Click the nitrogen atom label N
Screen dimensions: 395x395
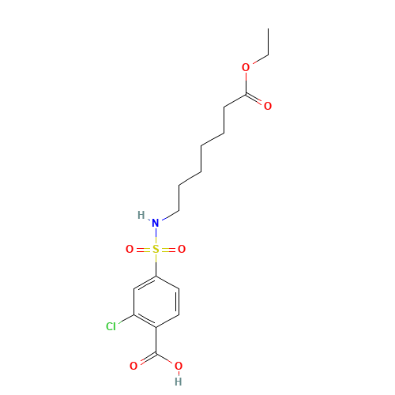tap(156, 223)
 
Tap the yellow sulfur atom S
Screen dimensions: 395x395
tap(156, 250)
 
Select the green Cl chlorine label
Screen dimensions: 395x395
tap(111, 326)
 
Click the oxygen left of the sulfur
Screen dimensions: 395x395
tap(130, 250)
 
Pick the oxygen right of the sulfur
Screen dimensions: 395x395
tap(182, 250)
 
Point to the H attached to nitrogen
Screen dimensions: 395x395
tap(141, 215)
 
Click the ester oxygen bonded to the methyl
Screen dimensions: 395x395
tap(246, 68)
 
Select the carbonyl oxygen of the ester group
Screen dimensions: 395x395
tap(268, 106)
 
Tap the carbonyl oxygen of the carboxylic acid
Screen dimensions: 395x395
tap(134, 366)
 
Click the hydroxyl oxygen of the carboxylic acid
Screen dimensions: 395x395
tap(178, 366)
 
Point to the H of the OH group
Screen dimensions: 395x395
tap(178, 381)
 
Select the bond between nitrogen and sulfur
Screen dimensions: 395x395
tap(156, 236)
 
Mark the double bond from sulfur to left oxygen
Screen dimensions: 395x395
tap(142, 250)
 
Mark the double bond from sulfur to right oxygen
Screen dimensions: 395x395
tap(169, 250)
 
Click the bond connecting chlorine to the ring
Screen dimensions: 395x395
tap(125, 321)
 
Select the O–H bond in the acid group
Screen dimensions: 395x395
tap(178, 374)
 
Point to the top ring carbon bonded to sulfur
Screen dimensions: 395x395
tap(156, 276)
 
